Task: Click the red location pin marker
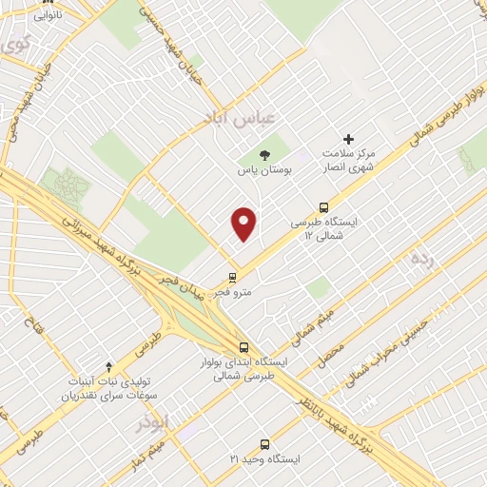(x=244, y=223)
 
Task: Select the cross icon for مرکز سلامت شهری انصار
(x=348, y=140)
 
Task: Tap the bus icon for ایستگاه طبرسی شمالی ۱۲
(x=324, y=206)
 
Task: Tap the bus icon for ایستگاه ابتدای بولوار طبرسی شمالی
(x=244, y=347)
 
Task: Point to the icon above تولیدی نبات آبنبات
(x=108, y=366)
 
